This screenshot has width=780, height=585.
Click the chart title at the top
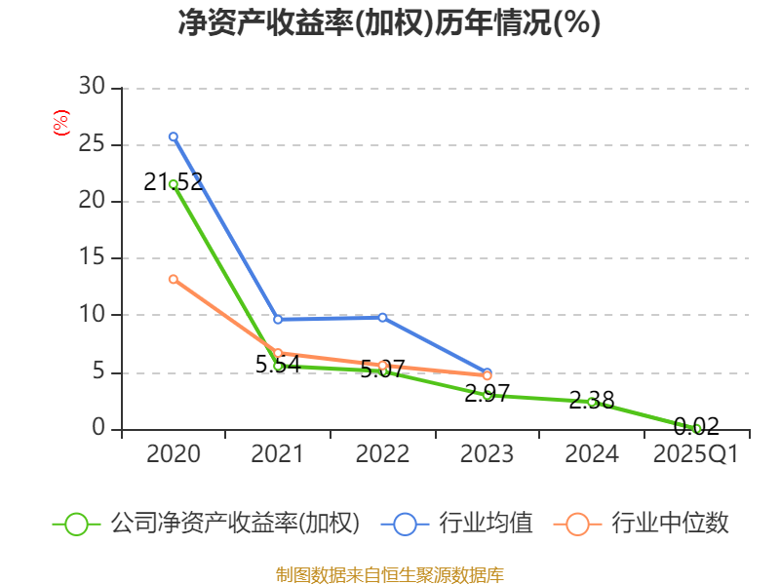pyautogui.click(x=389, y=23)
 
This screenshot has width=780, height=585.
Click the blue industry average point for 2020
pyautogui.click(x=174, y=137)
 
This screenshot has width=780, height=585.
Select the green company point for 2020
pyautogui.click(x=174, y=184)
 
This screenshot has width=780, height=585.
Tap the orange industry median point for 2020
pyautogui.click(x=174, y=280)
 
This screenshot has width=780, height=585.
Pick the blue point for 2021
pyautogui.click(x=278, y=319)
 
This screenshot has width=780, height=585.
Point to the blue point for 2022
pyautogui.click(x=382, y=317)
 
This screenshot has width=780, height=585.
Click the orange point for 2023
pyautogui.click(x=487, y=375)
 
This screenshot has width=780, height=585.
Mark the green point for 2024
pyautogui.click(x=592, y=402)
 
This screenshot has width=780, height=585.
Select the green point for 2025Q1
pyautogui.click(x=696, y=428)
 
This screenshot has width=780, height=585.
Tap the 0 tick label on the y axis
pyautogui.click(x=97, y=429)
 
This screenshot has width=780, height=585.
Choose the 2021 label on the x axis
pyautogui.click(x=278, y=454)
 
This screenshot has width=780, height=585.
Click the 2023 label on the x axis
pyautogui.click(x=487, y=454)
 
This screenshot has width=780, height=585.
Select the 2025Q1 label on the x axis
pyautogui.click(x=696, y=454)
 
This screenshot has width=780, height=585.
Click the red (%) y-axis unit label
pyautogui.click(x=60, y=124)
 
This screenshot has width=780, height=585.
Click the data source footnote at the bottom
pyautogui.click(x=389, y=574)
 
